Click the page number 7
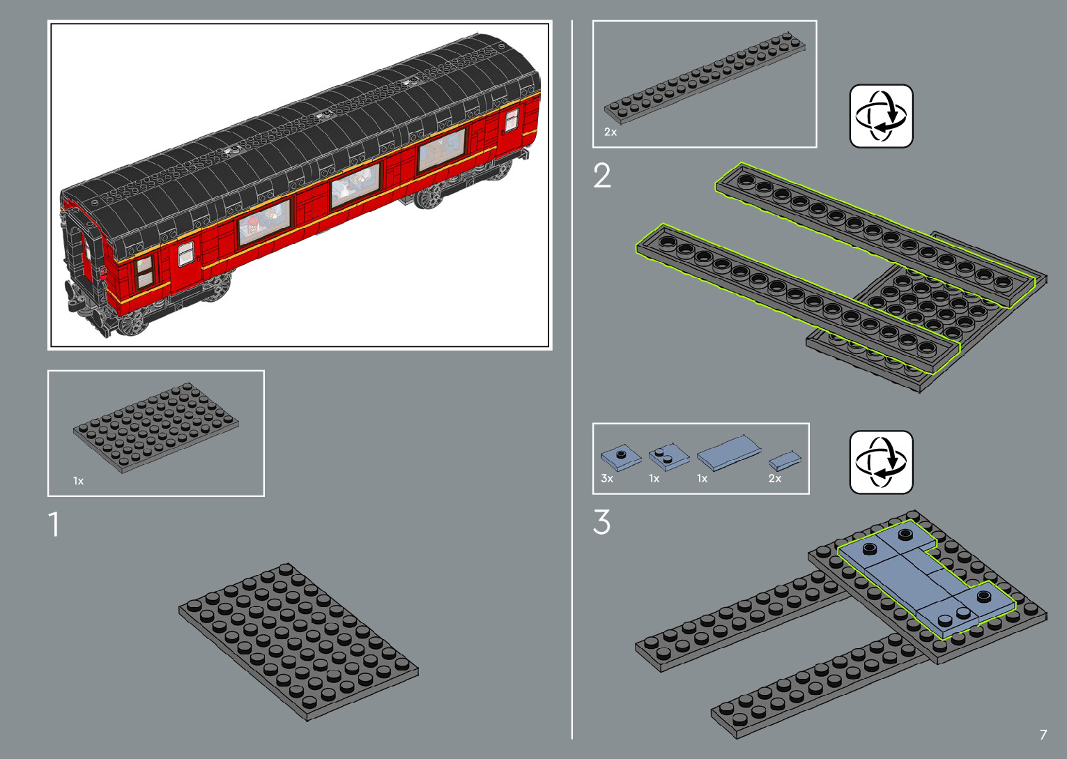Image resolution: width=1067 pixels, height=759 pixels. [1043, 735]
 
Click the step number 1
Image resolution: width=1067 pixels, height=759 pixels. [54, 524]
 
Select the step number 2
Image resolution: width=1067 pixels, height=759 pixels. [602, 176]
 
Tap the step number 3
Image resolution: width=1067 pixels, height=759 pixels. [602, 522]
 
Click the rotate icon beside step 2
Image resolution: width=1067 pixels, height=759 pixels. [881, 116]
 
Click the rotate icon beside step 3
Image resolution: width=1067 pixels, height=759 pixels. [881, 462]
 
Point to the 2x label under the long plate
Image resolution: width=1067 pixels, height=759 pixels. [611, 132]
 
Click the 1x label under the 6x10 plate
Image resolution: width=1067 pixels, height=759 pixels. [79, 481]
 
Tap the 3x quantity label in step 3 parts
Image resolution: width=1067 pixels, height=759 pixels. [607, 479]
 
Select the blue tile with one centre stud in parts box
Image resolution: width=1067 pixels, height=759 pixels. [620, 457]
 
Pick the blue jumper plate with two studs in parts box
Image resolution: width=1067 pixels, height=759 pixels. [668, 457]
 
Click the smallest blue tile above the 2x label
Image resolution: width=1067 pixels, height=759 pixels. [785, 460]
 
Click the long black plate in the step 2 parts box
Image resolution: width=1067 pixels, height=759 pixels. [705, 76]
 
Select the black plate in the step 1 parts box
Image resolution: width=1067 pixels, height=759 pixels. [155, 426]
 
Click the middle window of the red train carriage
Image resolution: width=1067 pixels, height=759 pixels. [355, 185]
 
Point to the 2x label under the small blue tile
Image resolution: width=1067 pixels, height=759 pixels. [775, 479]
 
